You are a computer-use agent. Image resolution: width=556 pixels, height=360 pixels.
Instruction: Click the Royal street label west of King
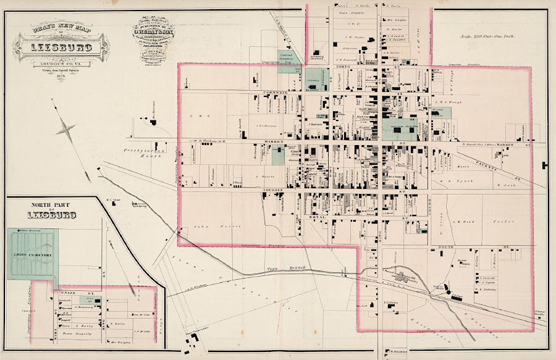[301, 218]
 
